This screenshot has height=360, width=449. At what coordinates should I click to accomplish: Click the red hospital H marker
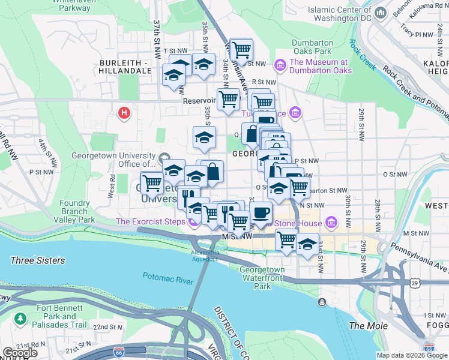click(x=124, y=112)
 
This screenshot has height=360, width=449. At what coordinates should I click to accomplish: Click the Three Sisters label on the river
click(x=38, y=261)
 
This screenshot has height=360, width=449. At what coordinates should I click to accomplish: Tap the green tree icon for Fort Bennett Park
click(x=21, y=317)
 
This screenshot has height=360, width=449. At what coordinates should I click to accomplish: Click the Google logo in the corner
click(x=19, y=353)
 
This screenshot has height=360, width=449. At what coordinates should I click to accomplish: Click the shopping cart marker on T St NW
click(x=241, y=50)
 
